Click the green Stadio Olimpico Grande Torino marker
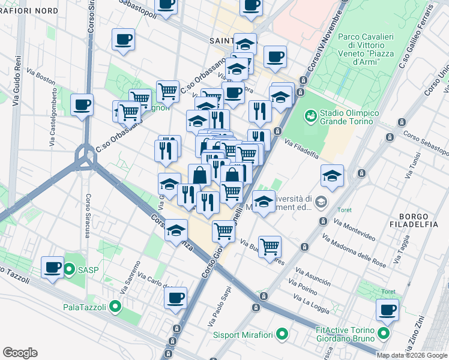tap(310, 114)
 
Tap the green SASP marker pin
tap(70, 269)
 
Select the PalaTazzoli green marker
tap(116, 307)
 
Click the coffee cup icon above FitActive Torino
tap(387, 310)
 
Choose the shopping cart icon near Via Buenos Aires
tap(270, 246)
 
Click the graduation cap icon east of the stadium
tap(332, 175)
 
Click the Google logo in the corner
tap(20, 353)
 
